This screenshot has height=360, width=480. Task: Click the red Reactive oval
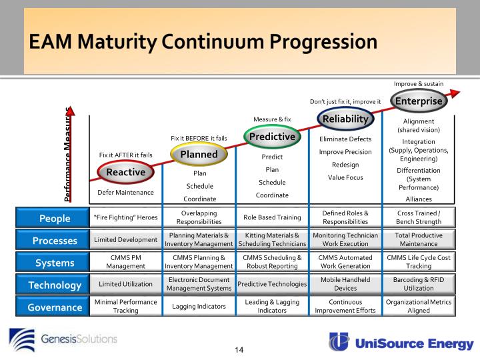126,172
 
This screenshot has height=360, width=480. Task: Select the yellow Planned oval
199,154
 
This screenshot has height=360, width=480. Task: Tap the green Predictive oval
272,137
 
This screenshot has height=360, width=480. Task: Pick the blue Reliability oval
345,119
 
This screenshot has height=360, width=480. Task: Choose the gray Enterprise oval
418,101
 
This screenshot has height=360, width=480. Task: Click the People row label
55,217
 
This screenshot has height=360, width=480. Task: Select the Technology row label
55,285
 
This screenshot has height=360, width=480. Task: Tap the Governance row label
55,307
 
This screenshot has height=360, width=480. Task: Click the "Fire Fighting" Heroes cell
125,217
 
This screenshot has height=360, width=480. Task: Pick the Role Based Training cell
272,217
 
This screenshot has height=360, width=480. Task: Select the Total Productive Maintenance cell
419,240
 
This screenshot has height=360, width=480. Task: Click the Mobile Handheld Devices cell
345,285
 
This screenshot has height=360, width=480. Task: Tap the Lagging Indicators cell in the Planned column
199,307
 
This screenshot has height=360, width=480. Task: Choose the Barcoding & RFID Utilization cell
419,285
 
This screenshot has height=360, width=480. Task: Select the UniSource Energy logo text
413,343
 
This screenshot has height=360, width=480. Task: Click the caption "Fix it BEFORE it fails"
199,138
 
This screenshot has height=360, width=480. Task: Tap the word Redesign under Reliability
345,165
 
